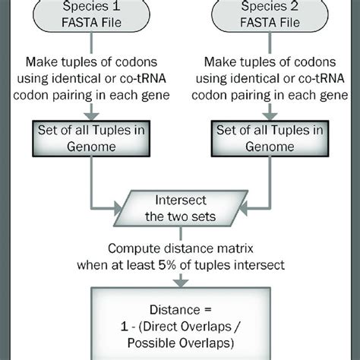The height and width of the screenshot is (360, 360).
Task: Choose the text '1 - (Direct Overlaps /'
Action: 180,326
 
